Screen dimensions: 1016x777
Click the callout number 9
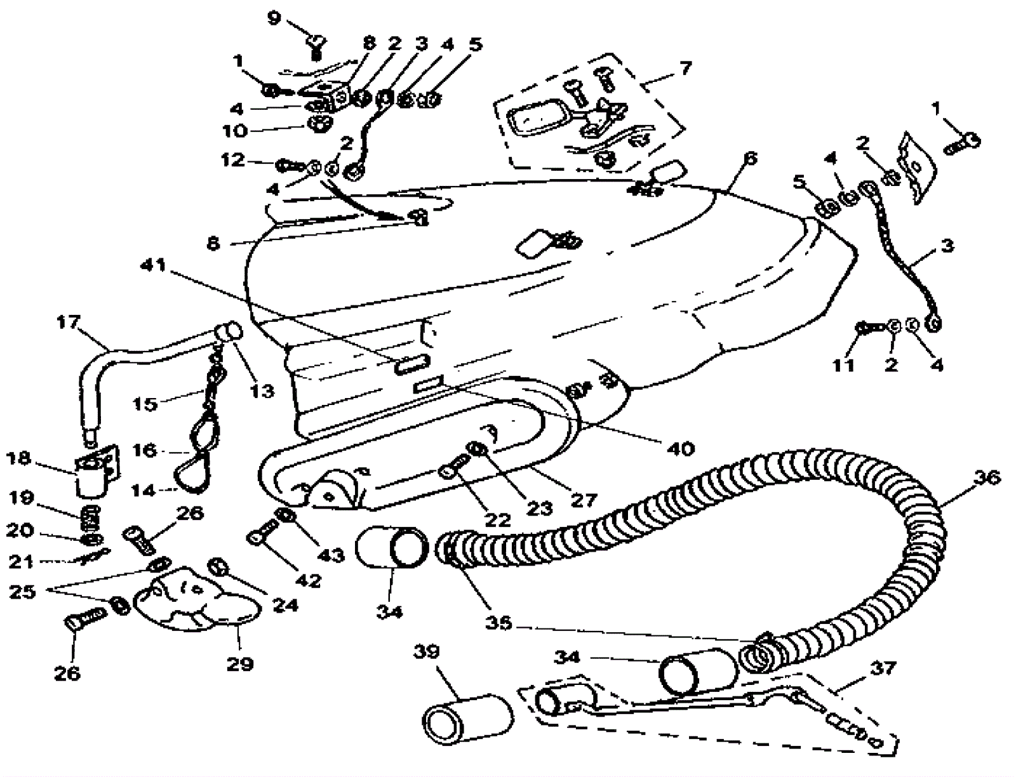(x=274, y=18)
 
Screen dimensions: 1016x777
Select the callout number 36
(x=986, y=477)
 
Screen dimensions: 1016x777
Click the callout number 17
(x=69, y=322)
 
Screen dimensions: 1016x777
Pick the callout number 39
(x=426, y=651)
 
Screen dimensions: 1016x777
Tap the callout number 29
(x=240, y=664)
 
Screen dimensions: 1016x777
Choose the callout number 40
(x=681, y=448)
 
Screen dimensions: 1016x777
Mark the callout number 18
(x=18, y=458)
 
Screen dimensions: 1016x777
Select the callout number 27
(x=584, y=500)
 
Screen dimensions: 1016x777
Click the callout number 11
(x=843, y=365)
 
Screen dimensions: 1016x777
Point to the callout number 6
(x=750, y=158)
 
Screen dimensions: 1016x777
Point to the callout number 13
(x=262, y=391)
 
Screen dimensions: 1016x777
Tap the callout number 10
(x=235, y=131)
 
